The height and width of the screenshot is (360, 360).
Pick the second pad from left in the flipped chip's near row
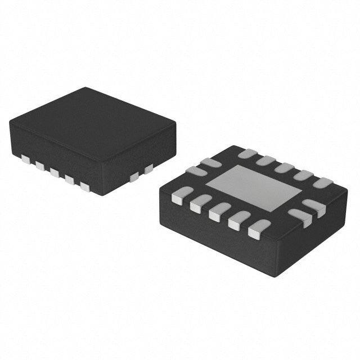[200, 204]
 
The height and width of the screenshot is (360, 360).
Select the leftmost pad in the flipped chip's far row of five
[247, 154]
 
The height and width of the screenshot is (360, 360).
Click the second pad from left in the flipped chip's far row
[266, 161]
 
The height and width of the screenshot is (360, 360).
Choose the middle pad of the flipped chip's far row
[284, 168]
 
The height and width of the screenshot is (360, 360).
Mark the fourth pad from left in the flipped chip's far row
[303, 175]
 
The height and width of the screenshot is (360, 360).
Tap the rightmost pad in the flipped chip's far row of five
[323, 183]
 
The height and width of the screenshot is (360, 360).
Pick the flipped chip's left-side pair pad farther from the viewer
[211, 163]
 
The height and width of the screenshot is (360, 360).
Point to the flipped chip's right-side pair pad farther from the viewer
[314, 207]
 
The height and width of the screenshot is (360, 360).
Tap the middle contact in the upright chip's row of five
[55, 172]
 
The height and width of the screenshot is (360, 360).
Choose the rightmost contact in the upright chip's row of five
[85, 187]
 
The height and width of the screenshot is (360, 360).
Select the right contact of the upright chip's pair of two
[148, 168]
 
